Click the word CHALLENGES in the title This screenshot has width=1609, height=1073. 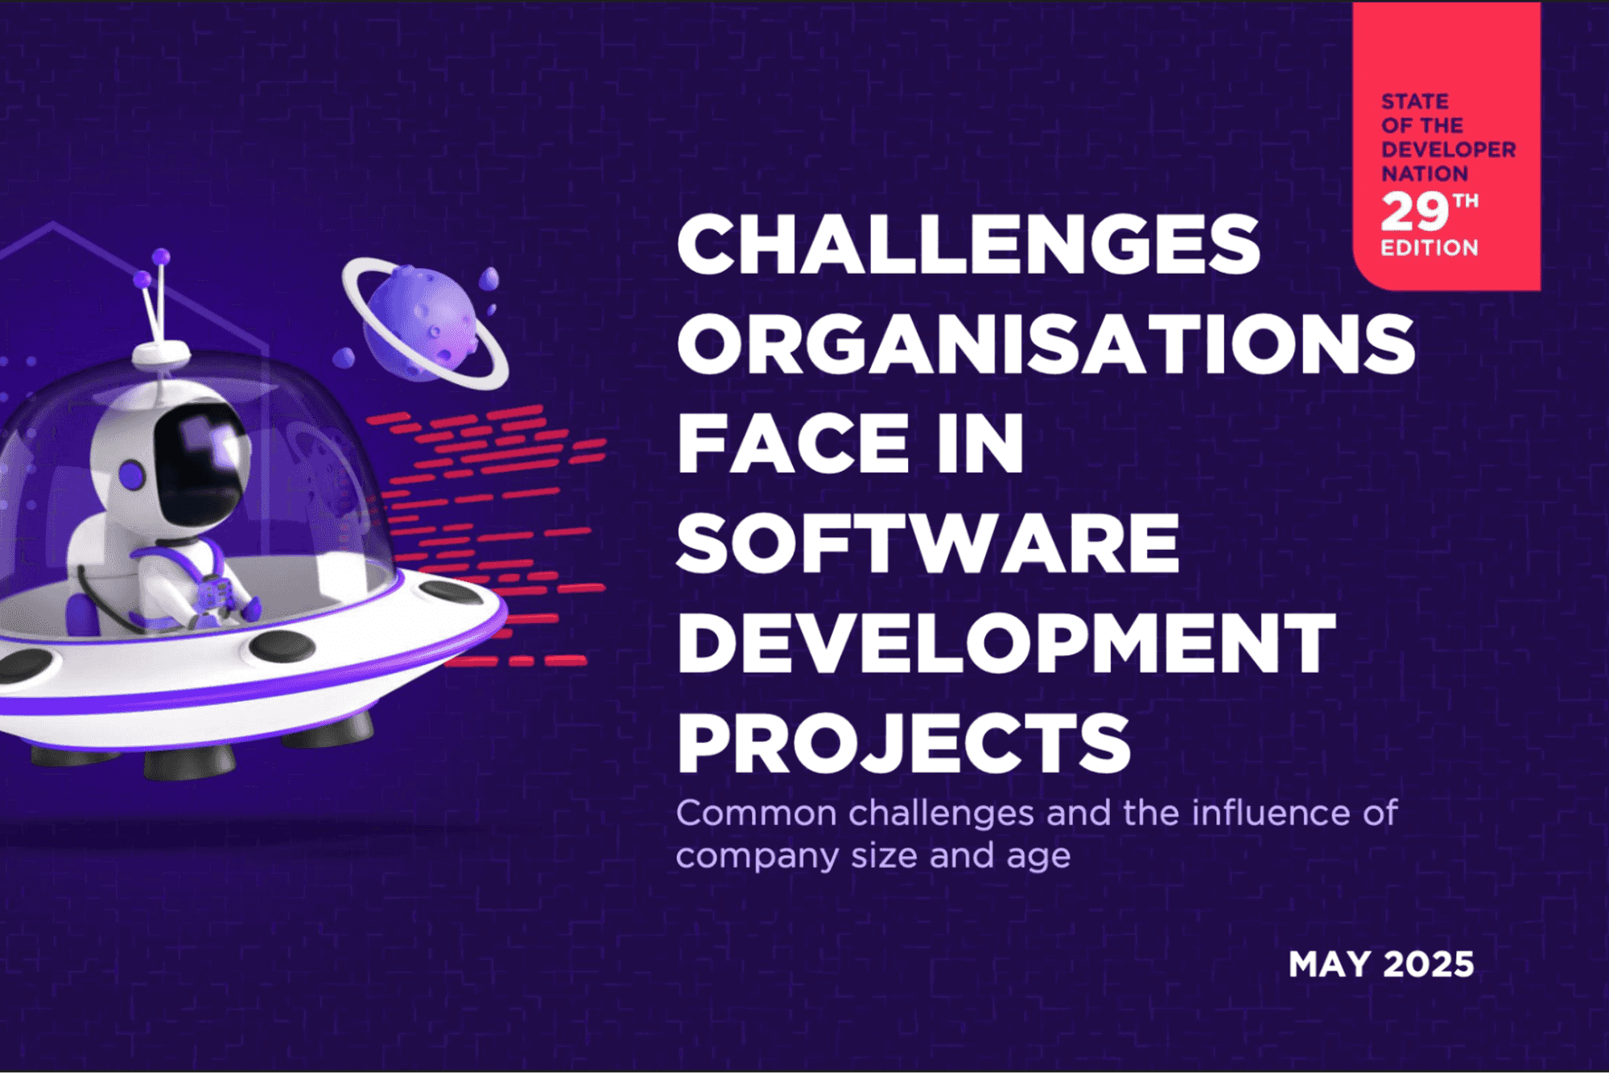[x=968, y=245]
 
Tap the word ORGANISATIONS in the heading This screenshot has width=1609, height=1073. [x=1046, y=344]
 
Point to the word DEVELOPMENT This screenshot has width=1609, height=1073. [x=1006, y=643]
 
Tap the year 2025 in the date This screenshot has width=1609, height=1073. [x=1430, y=964]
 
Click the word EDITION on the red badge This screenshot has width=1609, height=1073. [x=1430, y=248]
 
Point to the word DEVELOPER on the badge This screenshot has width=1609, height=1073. [x=1448, y=150]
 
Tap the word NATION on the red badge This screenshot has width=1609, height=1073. [x=1424, y=174]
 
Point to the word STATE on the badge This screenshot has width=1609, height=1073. [x=1414, y=101]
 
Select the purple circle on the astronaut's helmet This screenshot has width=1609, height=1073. [x=131, y=475]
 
